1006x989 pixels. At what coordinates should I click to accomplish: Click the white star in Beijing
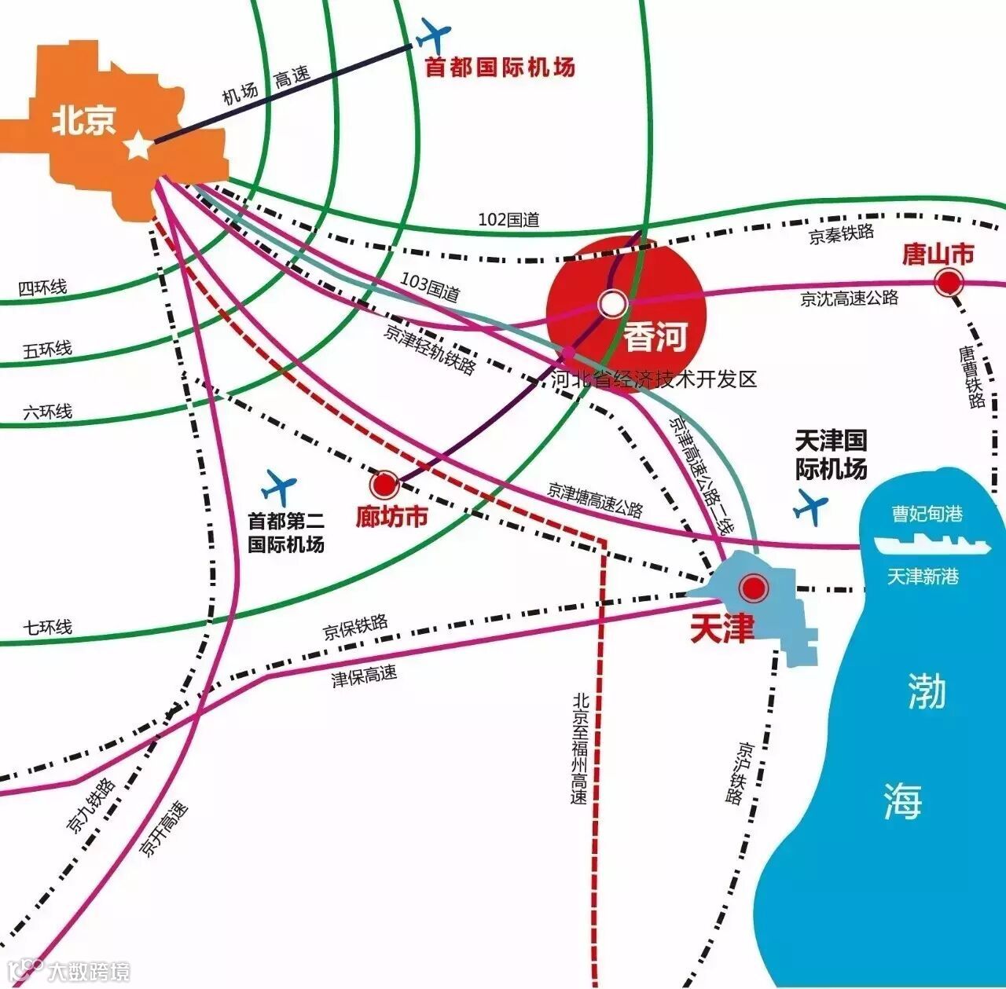138,145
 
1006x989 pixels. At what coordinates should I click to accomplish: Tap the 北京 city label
84,121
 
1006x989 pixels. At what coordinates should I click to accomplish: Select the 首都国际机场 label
500,67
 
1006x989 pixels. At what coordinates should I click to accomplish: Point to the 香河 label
655,337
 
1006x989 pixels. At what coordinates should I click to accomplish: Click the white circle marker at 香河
612,303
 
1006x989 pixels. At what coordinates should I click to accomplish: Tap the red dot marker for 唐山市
949,281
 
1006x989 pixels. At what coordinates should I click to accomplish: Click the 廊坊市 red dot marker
385,485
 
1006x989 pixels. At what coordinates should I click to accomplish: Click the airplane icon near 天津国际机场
811,507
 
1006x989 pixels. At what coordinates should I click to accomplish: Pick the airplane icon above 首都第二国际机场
278,487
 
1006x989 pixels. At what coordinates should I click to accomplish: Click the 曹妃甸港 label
927,514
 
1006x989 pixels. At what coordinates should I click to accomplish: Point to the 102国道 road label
509,220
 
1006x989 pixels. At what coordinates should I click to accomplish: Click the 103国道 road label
430,287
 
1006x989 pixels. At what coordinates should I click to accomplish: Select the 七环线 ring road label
47,628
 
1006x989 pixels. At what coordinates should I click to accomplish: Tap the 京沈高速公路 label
849,298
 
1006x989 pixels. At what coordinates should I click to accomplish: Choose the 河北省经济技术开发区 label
653,379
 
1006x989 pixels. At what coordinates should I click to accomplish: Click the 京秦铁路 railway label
841,234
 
